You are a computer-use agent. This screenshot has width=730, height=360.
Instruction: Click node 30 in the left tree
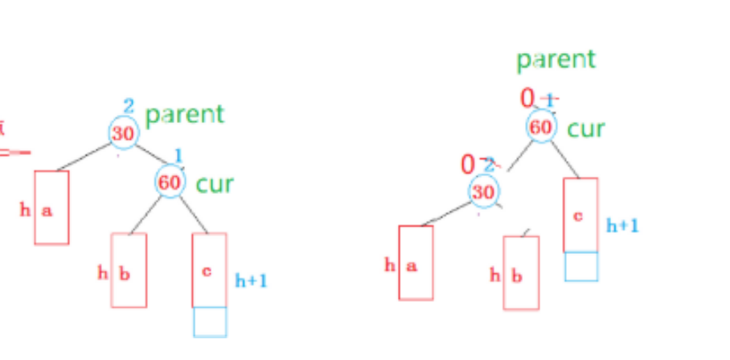click(123, 133)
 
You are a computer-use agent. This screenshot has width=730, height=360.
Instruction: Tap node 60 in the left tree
click(170, 182)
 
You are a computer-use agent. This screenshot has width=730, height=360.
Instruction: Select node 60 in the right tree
click(541, 127)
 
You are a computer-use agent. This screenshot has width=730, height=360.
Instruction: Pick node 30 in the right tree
click(483, 191)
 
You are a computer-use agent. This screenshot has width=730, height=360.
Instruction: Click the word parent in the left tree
click(184, 114)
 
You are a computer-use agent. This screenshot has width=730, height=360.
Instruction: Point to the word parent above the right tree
click(556, 59)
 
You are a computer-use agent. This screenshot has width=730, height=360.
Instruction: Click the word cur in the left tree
click(214, 184)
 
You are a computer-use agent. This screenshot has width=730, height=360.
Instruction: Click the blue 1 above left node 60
click(178, 154)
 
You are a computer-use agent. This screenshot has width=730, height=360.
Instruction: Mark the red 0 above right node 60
click(527, 99)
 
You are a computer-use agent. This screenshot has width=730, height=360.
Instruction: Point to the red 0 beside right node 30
click(468, 165)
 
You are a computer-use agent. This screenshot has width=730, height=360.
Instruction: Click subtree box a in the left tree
click(51, 207)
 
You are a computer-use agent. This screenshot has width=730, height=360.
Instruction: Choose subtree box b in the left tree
click(129, 270)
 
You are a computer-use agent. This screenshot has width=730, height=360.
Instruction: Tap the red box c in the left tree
click(209, 270)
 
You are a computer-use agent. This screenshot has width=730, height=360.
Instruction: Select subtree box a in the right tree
click(416, 263)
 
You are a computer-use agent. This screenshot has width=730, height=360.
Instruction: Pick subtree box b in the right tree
click(521, 273)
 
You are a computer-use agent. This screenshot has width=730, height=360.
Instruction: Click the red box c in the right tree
click(580, 215)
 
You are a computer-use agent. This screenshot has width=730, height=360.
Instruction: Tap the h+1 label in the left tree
click(251, 280)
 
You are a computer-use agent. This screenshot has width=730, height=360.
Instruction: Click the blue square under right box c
click(580, 266)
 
